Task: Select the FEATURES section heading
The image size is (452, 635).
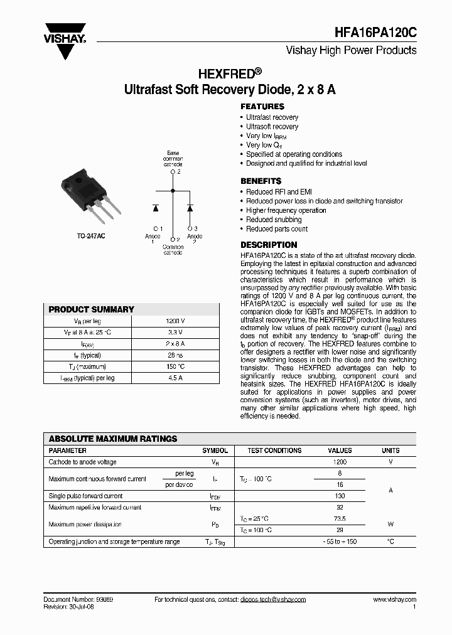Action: pos(262,107)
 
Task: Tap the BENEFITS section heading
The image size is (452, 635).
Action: pos(261,181)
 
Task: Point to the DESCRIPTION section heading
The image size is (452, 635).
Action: pos(269,245)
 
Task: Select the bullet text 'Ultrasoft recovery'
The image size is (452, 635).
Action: pos(272,126)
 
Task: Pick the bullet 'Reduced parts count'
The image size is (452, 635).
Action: pos(277,229)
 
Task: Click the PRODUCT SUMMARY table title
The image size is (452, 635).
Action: pos(92,309)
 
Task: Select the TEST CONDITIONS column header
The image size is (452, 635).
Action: pos(274,451)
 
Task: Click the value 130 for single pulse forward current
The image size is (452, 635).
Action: pos(340,496)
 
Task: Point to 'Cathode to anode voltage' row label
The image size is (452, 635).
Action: pos(82,462)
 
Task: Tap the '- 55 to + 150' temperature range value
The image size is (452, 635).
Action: pos(340,541)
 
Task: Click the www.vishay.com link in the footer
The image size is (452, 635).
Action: pos(394,600)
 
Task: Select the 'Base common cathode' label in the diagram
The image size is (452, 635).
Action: pos(173,159)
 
